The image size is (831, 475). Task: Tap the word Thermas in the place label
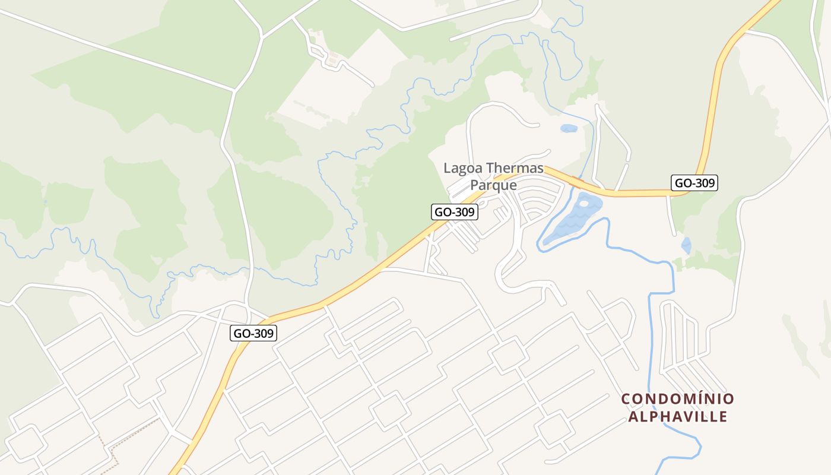(515, 168)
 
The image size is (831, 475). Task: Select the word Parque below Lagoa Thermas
(493, 185)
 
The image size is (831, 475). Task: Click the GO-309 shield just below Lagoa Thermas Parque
(454, 212)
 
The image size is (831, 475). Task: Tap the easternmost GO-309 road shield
(694, 183)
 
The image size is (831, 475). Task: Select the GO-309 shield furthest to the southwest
(253, 333)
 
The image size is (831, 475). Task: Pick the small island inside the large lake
(584, 203)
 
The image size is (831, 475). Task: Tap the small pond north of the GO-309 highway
(569, 128)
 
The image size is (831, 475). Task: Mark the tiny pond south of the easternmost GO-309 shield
(686, 245)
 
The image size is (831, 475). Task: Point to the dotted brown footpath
(113, 451)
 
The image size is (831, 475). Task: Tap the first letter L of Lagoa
(448, 169)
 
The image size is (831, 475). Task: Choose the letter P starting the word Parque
(474, 185)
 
